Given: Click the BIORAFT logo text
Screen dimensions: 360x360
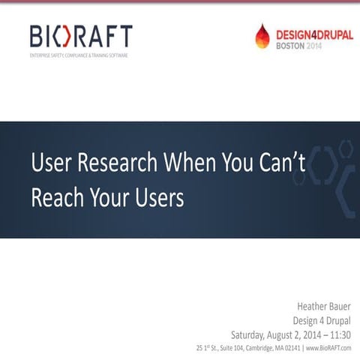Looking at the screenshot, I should click(81, 36).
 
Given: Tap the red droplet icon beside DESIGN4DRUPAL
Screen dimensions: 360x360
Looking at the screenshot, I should click(262, 35).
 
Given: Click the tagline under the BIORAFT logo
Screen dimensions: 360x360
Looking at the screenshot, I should click(78, 55).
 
